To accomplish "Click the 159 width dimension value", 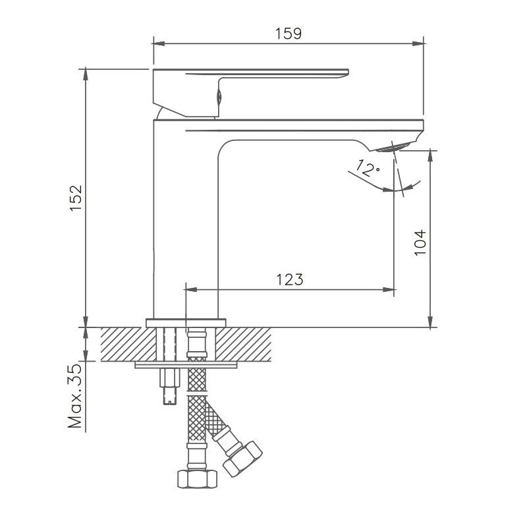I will coord(289,33).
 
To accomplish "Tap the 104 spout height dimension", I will coord(421,242).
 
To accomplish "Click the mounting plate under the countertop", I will coord(185,364).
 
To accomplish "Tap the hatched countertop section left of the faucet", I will coord(125,344).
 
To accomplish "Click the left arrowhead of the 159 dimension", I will coord(157,44).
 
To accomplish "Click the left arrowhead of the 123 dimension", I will coord(190,289).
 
